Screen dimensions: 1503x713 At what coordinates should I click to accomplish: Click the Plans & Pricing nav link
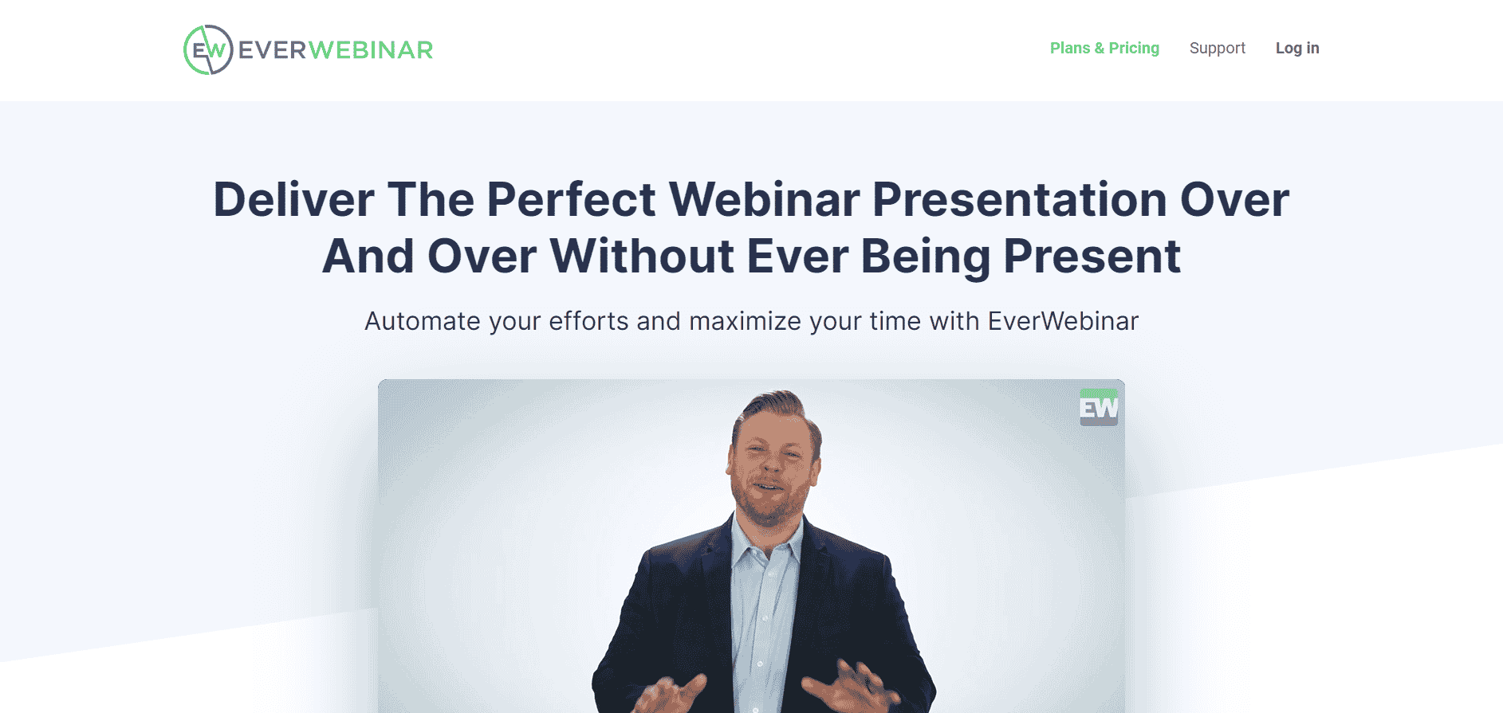[x=1104, y=48]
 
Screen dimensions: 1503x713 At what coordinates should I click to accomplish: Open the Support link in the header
[x=1217, y=48]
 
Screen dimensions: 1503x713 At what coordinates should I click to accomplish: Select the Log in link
[x=1297, y=48]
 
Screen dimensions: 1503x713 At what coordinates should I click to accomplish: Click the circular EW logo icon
[x=208, y=49]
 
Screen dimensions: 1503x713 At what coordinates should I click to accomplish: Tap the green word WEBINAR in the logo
[x=371, y=50]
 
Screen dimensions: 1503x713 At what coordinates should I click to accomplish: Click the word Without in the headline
[x=642, y=257]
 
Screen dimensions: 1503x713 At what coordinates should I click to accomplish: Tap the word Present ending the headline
[x=1092, y=257]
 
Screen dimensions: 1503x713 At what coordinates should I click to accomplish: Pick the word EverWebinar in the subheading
[x=1063, y=321]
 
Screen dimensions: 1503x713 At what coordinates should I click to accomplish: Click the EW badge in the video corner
[x=1099, y=407]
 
